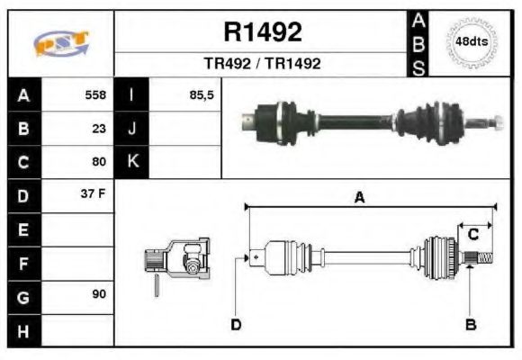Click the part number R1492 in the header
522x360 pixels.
tap(262, 32)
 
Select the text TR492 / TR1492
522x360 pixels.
tap(262, 64)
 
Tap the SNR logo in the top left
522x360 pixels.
tap(60, 43)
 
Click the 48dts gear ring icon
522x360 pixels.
tap(472, 42)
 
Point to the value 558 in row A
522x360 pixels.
tap(95, 94)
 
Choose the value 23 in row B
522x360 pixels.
tap(99, 129)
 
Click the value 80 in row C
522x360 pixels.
tap(99, 163)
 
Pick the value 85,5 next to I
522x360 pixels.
tap(202, 94)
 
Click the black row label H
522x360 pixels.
tap(23, 330)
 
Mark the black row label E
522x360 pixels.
tap(23, 229)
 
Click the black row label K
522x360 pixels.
tap(131, 162)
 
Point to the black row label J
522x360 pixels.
tap(131, 129)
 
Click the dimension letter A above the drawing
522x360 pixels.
tap(359, 198)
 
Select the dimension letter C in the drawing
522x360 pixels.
tap(472, 235)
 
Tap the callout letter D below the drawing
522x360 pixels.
tap(236, 324)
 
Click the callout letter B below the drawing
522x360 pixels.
tap(469, 324)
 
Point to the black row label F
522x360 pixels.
tap(23, 263)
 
